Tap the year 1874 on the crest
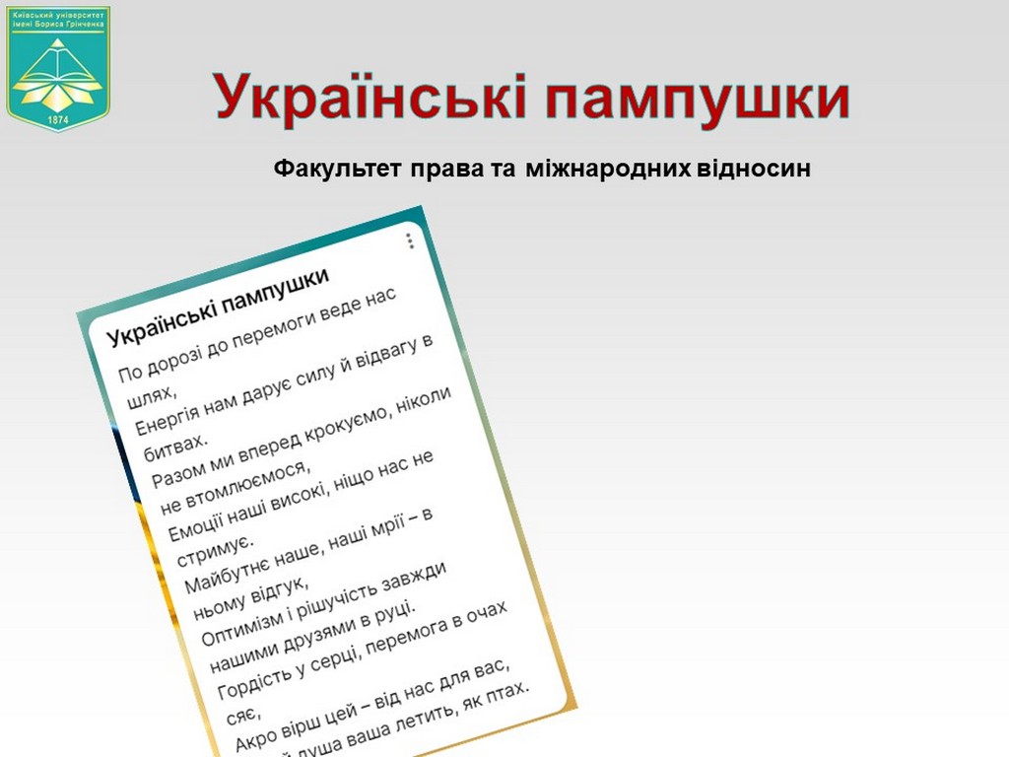(x=58, y=120)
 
